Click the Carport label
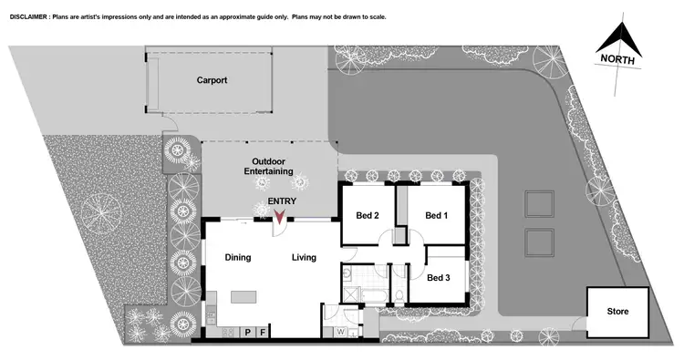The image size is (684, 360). [212, 80]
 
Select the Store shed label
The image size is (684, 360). [617, 312]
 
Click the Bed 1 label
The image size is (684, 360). [437, 215]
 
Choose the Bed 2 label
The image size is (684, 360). [367, 215]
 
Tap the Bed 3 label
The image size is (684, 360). [438, 277]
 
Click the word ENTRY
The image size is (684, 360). [281, 202]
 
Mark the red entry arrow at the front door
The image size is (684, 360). [280, 216]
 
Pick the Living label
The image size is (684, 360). [304, 258]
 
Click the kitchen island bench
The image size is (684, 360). [244, 297]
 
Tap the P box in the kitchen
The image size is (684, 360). [247, 334]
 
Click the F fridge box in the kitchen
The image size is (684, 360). [263, 334]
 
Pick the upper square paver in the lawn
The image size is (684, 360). [539, 202]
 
